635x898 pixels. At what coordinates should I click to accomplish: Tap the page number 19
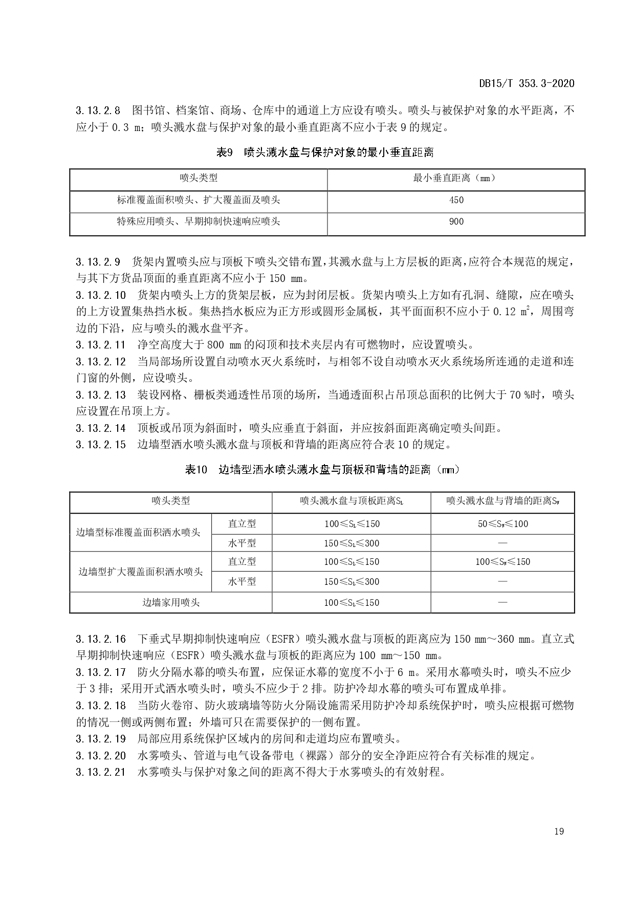[559, 831]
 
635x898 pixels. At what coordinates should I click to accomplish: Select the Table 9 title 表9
[225, 152]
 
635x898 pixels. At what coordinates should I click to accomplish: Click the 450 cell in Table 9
[456, 201]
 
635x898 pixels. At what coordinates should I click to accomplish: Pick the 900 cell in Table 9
[456, 222]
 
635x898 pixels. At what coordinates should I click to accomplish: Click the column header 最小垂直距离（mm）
[456, 178]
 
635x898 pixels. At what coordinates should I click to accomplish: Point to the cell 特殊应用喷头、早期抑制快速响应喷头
[199, 222]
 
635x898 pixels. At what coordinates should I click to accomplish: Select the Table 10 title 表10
[196, 469]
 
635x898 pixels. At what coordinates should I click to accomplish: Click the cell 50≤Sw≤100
[502, 524]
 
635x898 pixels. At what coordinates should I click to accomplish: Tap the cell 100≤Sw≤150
[502, 562]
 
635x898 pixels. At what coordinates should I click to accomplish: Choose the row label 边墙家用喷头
[171, 603]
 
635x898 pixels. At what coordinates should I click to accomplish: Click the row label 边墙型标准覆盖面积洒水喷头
[138, 533]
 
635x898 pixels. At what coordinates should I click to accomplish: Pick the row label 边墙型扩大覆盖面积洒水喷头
[140, 572]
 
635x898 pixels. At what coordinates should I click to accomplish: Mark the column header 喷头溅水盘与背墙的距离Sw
[502, 501]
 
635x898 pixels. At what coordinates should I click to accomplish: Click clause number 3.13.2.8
[98, 111]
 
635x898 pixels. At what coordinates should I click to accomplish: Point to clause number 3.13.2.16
[100, 639]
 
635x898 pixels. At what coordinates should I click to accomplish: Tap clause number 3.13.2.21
[100, 772]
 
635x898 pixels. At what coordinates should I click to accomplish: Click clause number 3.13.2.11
[100, 345]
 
